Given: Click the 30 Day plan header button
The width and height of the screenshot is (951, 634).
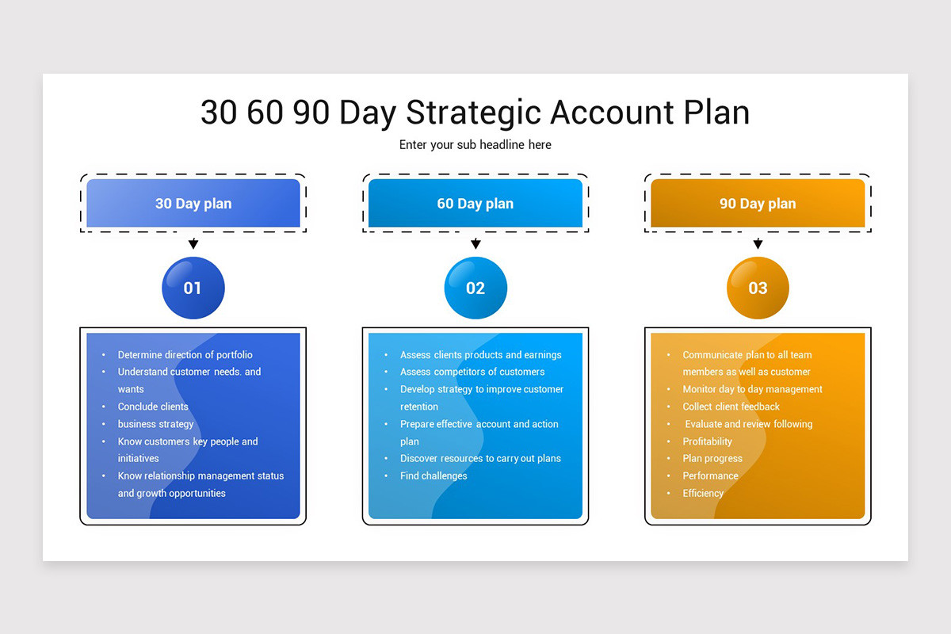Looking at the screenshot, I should (193, 204).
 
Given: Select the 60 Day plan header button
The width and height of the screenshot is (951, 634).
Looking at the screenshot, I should (475, 204).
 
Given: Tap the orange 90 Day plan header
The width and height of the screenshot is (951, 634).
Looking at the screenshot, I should (758, 204).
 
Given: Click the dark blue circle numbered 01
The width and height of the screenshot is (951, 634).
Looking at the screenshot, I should (193, 288).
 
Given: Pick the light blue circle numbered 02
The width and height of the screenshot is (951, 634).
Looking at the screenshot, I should (475, 288).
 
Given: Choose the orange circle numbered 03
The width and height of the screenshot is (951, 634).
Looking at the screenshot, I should (758, 288).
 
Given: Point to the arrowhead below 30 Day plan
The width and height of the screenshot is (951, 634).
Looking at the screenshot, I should (193, 244).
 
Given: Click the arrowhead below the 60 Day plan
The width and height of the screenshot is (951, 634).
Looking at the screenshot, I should (475, 244).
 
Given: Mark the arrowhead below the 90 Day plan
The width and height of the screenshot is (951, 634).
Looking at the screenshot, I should (758, 244).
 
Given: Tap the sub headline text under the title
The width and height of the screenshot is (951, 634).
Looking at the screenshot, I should (475, 145).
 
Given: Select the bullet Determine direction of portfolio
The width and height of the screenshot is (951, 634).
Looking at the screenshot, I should (185, 355).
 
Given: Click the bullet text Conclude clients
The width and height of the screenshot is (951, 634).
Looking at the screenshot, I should (153, 407).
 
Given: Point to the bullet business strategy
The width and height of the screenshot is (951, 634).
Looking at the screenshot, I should (155, 424).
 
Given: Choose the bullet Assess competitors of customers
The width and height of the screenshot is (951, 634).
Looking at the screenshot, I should (472, 372).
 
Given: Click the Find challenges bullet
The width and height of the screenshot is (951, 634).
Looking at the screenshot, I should (433, 475).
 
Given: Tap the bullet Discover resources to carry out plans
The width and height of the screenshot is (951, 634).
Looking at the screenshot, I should (480, 458).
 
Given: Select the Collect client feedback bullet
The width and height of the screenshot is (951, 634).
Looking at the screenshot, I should (731, 407).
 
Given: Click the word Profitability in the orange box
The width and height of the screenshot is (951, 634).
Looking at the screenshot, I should (708, 441).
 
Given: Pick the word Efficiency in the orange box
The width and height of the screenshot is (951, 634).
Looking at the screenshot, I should (703, 493).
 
